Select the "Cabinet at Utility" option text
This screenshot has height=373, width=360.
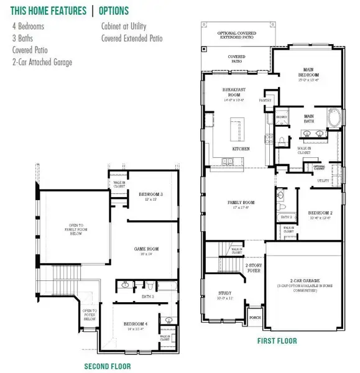(127, 27)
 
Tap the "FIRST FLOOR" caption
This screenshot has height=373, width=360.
(277, 341)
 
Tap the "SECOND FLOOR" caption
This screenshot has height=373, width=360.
(107, 366)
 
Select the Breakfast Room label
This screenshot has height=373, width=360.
(236, 94)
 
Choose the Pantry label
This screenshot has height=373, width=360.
(266, 99)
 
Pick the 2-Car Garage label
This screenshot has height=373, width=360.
(304, 284)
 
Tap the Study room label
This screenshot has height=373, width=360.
(224, 295)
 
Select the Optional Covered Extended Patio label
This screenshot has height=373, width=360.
(238, 34)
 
